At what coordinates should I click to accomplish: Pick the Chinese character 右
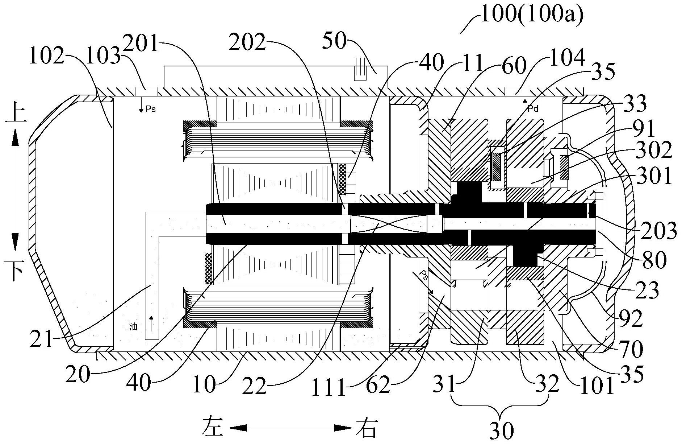click(x=367, y=428)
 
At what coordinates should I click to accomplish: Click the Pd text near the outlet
click(x=533, y=109)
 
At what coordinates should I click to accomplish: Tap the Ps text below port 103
click(x=151, y=109)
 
